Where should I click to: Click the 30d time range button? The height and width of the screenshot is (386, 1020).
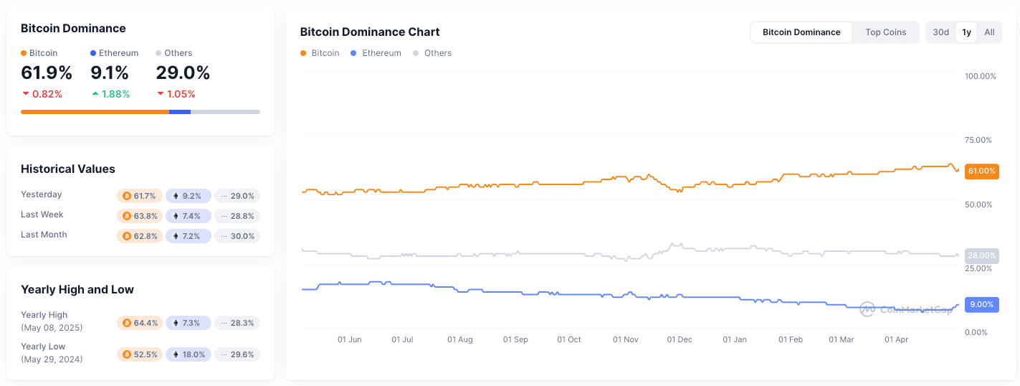(940, 32)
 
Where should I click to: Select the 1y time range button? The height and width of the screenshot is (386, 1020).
(966, 32)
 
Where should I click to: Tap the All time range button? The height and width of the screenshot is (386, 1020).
(989, 32)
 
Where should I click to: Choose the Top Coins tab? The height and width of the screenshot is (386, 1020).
(885, 32)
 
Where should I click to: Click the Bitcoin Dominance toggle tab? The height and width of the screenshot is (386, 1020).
(801, 32)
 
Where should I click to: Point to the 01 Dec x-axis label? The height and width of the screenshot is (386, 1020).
(680, 340)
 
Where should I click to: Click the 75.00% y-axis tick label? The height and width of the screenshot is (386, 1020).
(979, 140)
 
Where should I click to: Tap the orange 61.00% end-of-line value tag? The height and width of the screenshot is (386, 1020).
(981, 171)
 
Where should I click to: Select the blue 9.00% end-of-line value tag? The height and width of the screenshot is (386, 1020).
(981, 304)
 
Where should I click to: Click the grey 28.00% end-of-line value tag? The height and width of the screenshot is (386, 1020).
(981, 255)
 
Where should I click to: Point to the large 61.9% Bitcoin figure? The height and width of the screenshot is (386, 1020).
(47, 73)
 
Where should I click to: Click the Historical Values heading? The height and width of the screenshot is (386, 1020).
(68, 169)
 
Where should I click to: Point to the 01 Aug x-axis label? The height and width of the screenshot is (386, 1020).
(459, 340)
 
